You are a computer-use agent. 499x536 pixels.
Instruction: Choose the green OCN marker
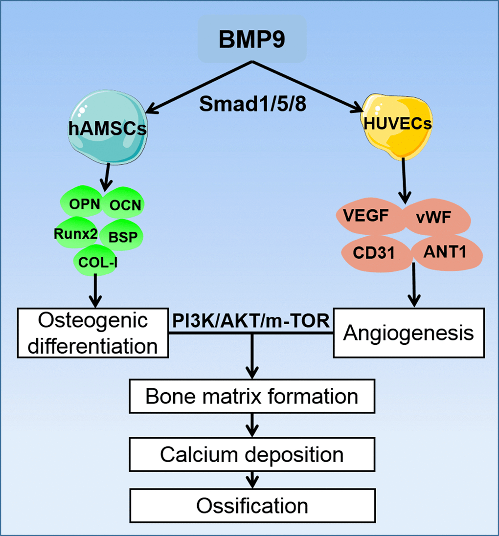pyautogui.click(x=123, y=204)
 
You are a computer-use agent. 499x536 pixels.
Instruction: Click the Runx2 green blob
pyautogui.click(x=74, y=233)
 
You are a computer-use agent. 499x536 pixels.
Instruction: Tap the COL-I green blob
pyautogui.click(x=97, y=263)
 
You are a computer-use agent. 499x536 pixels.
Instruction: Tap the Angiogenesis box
pyautogui.click(x=408, y=333)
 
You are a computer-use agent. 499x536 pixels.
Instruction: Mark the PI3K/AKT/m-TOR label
pyautogui.click(x=251, y=322)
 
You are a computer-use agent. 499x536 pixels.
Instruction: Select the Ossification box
pyautogui.click(x=252, y=505)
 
